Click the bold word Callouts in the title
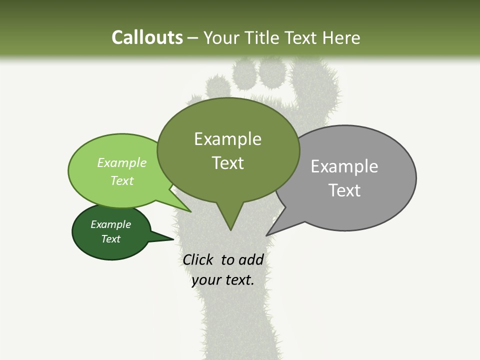coord(147,38)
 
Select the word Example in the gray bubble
coord(344,166)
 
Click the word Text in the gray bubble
coord(344,190)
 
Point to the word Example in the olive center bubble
coord(227,139)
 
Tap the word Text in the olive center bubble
coord(227,163)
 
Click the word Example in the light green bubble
coord(121,162)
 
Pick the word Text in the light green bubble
coord(121,180)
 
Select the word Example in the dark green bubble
coord(110,224)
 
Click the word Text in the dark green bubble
coord(110,239)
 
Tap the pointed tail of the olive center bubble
coord(230,227)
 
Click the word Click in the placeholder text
coord(198,260)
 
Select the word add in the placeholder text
coord(251,260)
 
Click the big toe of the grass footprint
coord(313,82)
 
